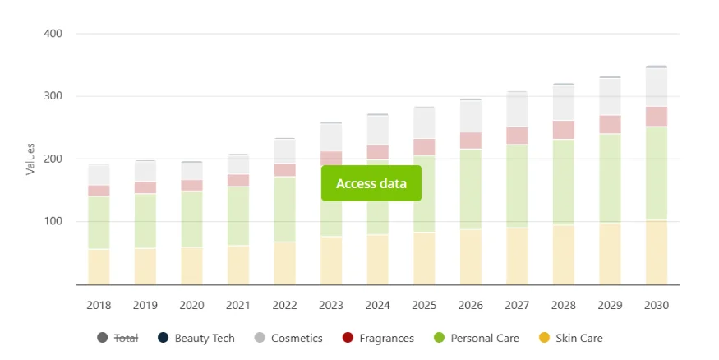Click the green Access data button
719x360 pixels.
pyautogui.click(x=371, y=183)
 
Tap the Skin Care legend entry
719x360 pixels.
pyautogui.click(x=578, y=338)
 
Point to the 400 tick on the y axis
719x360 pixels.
pyautogui.click(x=53, y=34)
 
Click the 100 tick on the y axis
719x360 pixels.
pyautogui.click(x=53, y=222)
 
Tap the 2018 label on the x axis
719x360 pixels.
pyautogui.click(x=99, y=305)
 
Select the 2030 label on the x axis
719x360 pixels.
pyautogui.click(x=657, y=305)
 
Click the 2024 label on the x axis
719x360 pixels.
pyautogui.click(x=377, y=305)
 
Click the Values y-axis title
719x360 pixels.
pyautogui.click(x=30, y=159)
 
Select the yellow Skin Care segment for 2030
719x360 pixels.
pyautogui.click(x=657, y=252)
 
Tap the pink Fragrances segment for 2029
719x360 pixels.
pyautogui.click(x=610, y=124)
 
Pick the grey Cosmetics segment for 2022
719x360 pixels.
pyautogui.click(x=284, y=151)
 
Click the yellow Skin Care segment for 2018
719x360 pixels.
pyautogui.click(x=99, y=266)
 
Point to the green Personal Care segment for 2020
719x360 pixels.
pyautogui.click(x=191, y=219)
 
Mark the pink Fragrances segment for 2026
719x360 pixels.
pyautogui.click(x=470, y=141)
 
